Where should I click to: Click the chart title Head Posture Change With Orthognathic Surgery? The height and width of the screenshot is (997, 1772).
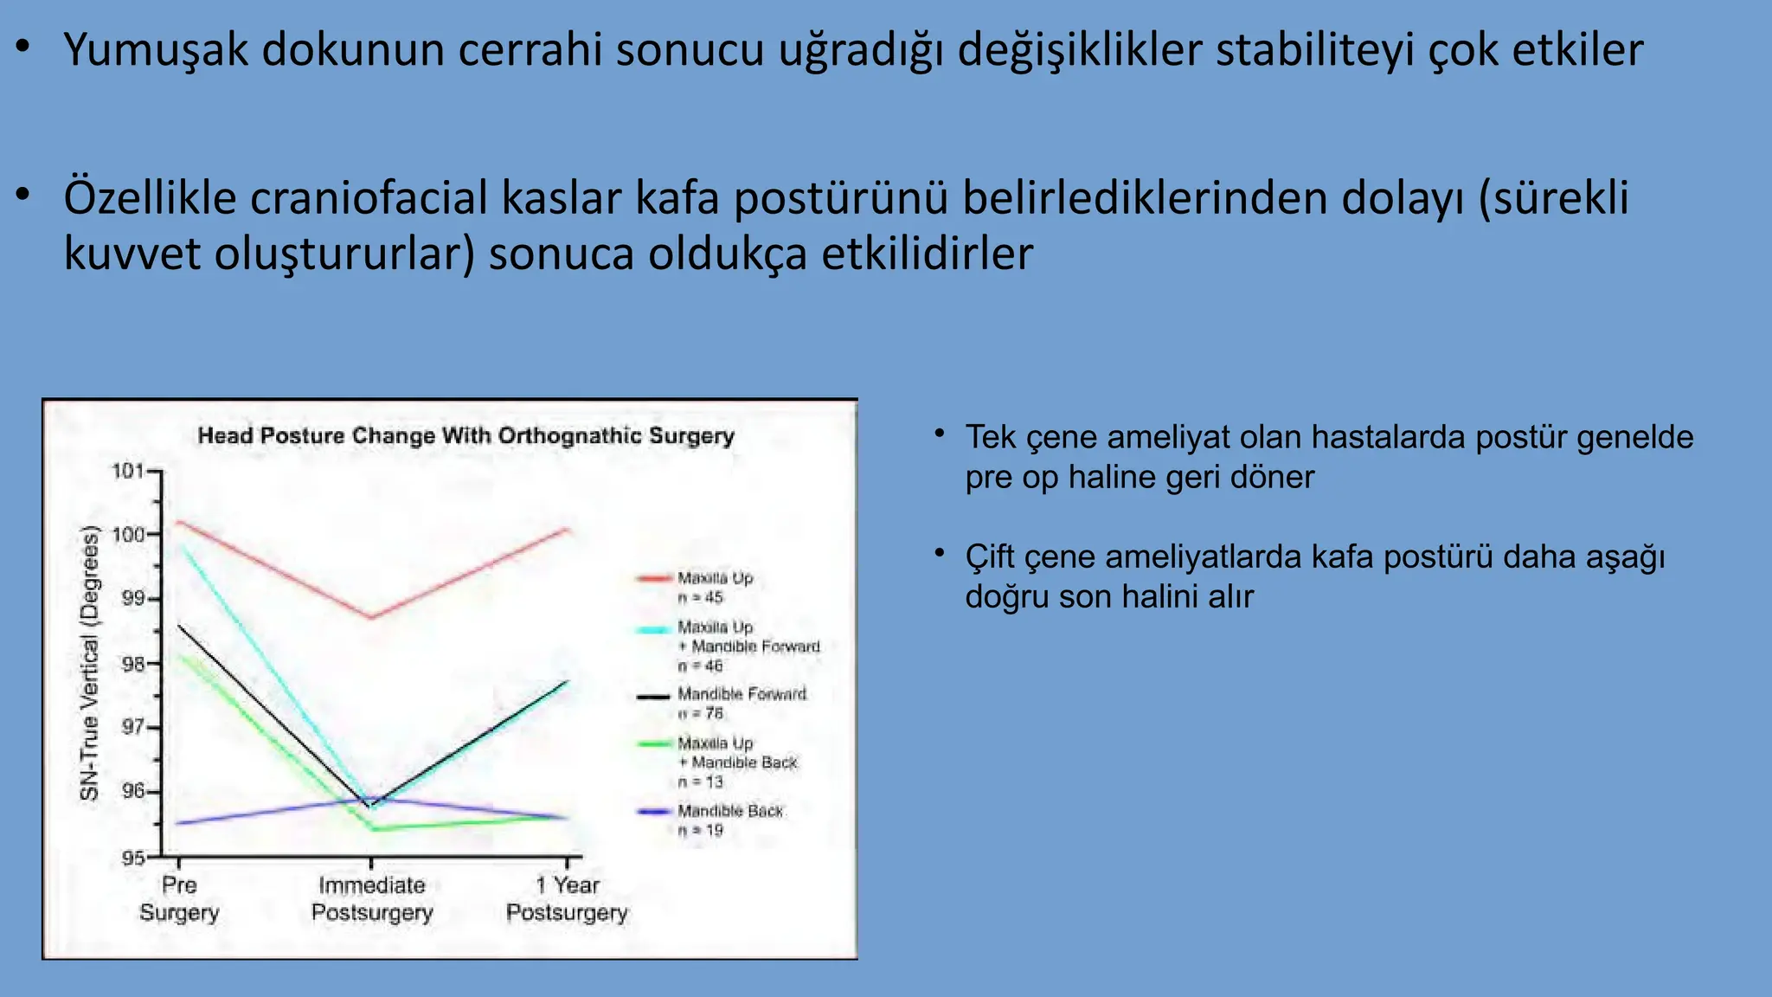point(465,435)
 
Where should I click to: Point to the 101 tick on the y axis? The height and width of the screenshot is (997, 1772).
point(128,471)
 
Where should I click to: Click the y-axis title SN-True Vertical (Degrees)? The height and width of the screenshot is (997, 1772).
point(90,664)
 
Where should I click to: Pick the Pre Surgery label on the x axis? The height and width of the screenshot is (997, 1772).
point(179,898)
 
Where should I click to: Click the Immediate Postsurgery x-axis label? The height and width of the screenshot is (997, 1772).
point(371,898)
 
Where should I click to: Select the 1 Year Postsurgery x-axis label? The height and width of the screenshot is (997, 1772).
point(567,898)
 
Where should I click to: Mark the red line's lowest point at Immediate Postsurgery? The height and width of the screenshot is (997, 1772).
point(371,617)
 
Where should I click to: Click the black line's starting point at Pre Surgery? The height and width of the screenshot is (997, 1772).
point(179,625)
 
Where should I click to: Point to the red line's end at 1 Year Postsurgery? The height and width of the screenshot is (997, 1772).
point(567,529)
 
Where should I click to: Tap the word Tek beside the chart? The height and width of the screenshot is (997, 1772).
point(990,437)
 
